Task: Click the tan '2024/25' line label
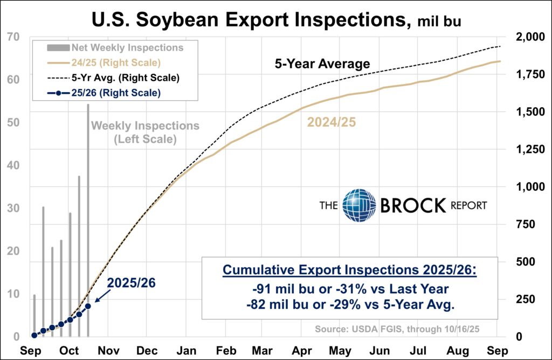click(332, 122)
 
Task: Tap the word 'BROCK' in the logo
click(413, 205)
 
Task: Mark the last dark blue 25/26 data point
click(88, 306)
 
